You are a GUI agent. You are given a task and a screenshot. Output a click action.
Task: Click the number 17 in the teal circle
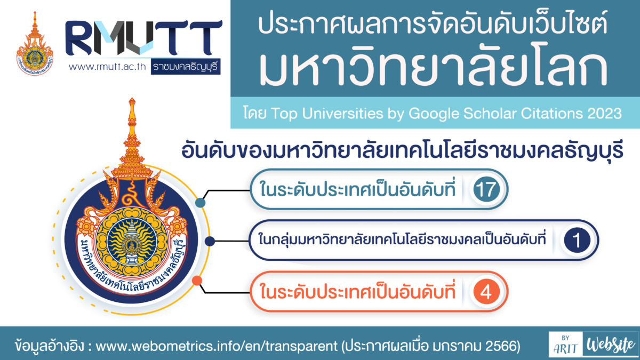[486, 189]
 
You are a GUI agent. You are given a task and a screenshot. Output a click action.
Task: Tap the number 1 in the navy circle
[577, 241]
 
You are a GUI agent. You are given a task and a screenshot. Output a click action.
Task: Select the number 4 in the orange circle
[486, 292]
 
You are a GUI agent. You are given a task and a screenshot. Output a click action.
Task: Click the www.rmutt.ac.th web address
[107, 67]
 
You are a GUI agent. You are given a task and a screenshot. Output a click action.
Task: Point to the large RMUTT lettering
[143, 37]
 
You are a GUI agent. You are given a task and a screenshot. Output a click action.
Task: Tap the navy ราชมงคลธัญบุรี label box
[186, 67]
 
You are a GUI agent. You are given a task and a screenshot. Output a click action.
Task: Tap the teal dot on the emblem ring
[201, 203]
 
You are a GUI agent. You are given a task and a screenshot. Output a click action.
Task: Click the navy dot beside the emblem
[210, 241]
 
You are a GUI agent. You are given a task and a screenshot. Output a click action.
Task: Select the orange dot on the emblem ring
[197, 281]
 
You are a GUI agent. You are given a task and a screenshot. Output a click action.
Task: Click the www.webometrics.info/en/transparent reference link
[217, 346]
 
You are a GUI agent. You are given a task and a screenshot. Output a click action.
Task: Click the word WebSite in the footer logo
[611, 345]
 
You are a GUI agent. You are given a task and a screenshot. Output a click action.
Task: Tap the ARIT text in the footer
[565, 349]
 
